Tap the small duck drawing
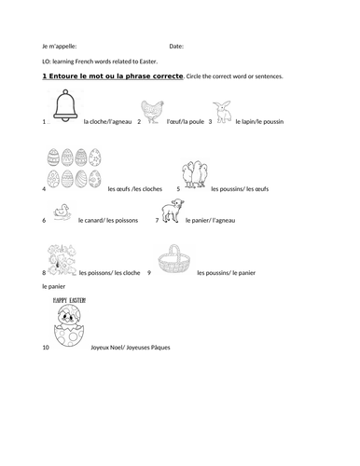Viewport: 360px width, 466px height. click(63, 213)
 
